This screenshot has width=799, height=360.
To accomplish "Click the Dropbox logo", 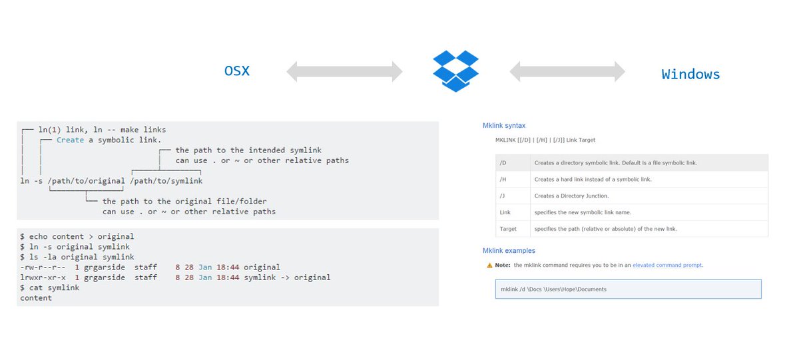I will [456, 71].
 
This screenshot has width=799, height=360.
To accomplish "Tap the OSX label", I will [236, 71].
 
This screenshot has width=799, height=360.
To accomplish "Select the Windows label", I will [690, 74].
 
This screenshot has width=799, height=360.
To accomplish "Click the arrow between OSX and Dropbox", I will [344, 71].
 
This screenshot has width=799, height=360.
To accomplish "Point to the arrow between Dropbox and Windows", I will [567, 71].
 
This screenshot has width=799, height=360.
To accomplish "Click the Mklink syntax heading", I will [504, 125].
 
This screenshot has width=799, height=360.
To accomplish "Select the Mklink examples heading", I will [509, 250].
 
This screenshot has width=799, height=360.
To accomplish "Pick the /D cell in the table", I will [503, 163].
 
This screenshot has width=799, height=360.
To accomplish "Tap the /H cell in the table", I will [503, 180].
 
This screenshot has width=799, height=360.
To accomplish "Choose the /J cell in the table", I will [503, 196].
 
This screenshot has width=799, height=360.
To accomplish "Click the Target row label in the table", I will [507, 230].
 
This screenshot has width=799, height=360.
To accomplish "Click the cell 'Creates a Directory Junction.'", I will [571, 196].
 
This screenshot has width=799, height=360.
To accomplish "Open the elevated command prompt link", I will [667, 265].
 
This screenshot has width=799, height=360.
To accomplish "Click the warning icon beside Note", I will [490, 265].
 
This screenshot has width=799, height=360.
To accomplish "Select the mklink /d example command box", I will [628, 289].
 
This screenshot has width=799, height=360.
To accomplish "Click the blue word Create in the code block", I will [71, 140].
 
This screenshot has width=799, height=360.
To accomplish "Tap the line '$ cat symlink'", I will [50, 287].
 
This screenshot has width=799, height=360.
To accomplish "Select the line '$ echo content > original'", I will [77, 236].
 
